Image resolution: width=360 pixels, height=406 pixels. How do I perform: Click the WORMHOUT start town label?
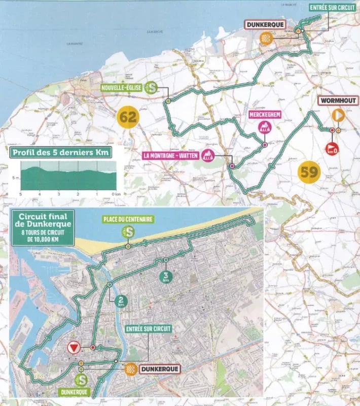(338, 100)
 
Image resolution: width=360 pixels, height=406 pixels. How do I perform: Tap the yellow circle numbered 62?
(128, 118)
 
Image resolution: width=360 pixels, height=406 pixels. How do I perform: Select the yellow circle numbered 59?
(309, 172)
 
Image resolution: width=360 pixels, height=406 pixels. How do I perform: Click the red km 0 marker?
(332, 149)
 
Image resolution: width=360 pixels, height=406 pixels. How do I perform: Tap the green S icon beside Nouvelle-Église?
(151, 87)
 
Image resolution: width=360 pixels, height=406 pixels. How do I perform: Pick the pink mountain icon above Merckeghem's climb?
(264, 127)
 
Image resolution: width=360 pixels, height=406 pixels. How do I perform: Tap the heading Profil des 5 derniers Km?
(60, 152)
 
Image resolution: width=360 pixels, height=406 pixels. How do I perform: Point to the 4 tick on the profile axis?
(40, 194)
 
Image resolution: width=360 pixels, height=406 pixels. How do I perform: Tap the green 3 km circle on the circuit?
(165, 277)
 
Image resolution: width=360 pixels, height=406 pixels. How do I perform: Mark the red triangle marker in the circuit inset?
(74, 348)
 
